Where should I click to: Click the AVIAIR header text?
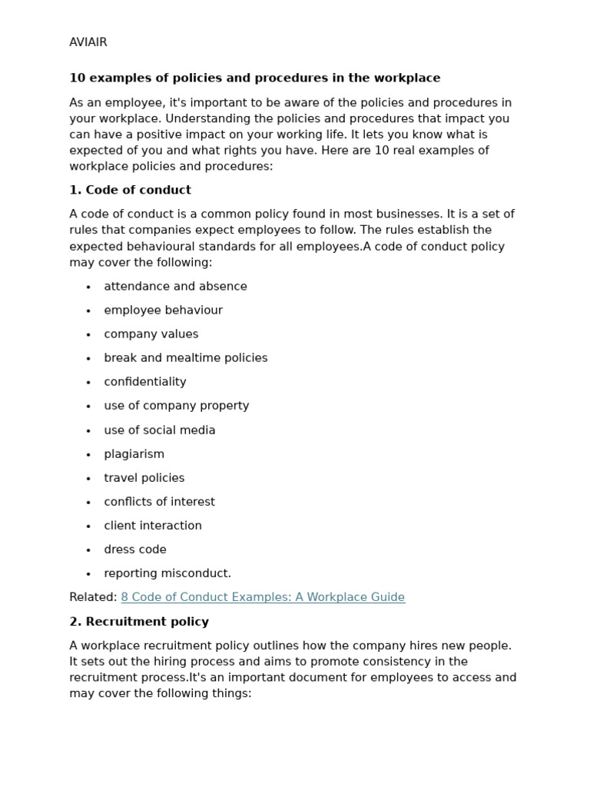tap(88, 42)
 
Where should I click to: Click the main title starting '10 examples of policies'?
tap(254, 78)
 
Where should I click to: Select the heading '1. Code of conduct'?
tap(130, 190)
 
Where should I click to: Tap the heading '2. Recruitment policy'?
tap(139, 621)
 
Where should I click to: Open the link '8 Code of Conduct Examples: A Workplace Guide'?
tap(263, 597)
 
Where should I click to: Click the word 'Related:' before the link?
tap(93, 597)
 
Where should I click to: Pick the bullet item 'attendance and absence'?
tap(175, 287)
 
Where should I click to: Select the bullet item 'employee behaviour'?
tap(163, 310)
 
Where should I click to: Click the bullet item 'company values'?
tap(151, 334)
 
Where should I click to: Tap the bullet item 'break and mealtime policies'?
tap(186, 358)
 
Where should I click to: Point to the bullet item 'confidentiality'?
tap(145, 382)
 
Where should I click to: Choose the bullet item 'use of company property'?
tap(177, 406)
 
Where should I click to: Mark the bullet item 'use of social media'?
tap(160, 430)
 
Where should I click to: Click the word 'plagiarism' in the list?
tap(134, 454)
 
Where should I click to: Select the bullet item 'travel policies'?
tap(144, 478)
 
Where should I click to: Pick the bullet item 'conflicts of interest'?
tap(159, 502)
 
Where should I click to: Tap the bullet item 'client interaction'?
tap(153, 526)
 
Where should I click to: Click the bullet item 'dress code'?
tap(135, 550)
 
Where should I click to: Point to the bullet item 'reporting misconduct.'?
tap(167, 573)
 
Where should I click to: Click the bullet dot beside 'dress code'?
tap(88, 550)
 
